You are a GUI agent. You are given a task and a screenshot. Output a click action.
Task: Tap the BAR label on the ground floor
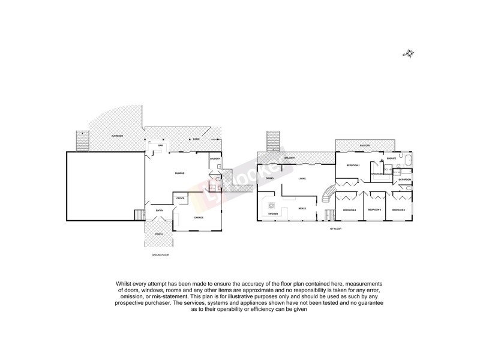[x=160, y=146]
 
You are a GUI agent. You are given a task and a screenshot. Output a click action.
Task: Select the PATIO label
[x=197, y=139]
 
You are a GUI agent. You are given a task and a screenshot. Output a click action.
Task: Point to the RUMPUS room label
[x=179, y=173]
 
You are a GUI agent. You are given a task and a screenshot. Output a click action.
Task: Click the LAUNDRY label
[x=215, y=158]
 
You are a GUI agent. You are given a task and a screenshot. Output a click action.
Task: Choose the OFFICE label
[x=180, y=198]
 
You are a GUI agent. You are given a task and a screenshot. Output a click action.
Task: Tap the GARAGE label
[x=199, y=217]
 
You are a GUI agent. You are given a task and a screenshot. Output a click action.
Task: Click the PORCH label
[x=158, y=234]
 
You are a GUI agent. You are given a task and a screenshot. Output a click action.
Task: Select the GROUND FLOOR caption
[x=160, y=255]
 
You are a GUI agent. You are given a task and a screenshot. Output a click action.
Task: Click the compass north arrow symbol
[x=408, y=54]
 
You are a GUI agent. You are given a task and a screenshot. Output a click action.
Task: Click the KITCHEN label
[x=272, y=214]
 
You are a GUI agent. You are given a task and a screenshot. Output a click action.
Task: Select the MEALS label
[x=302, y=208]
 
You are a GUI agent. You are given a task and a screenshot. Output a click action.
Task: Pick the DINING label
[x=270, y=178]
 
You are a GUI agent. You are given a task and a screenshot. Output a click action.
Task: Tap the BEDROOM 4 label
[x=349, y=210]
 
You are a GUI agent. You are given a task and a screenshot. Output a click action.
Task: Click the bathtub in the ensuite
[x=407, y=160]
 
